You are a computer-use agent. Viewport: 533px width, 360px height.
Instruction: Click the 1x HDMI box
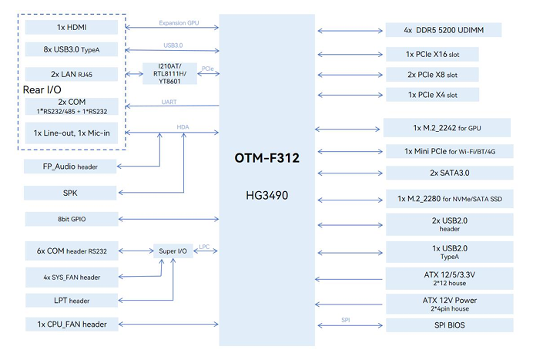[x=72, y=28]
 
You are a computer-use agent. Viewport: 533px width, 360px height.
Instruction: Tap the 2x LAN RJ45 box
[x=72, y=76]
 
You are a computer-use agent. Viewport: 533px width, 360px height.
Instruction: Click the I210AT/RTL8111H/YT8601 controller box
[x=169, y=74]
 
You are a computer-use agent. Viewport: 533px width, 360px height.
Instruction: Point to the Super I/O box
[x=173, y=251]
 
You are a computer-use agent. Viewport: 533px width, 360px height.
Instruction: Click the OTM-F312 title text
[x=266, y=159]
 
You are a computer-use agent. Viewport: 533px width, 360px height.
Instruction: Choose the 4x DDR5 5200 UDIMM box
[x=442, y=30]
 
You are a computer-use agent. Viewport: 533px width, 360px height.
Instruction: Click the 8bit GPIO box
[x=72, y=219]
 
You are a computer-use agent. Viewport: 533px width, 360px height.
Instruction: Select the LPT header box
[x=72, y=300]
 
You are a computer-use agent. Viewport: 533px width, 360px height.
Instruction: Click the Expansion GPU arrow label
[x=179, y=23]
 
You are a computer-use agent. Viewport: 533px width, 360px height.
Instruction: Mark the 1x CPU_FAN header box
[x=72, y=324]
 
